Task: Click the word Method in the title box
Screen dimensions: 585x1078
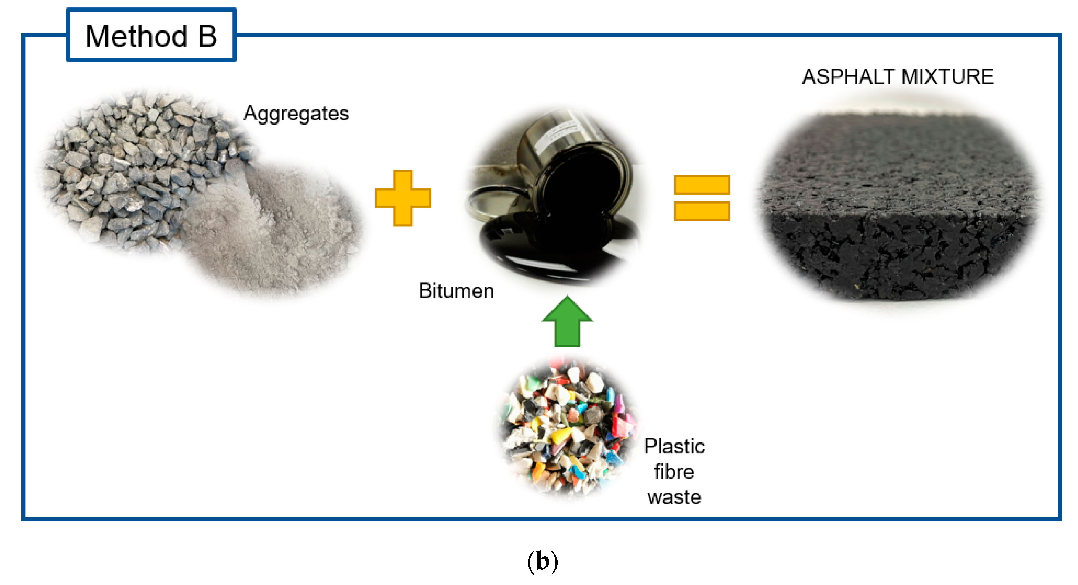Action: [136, 36]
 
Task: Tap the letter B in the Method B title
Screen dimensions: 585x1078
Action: [208, 36]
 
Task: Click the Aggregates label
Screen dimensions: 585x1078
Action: [296, 113]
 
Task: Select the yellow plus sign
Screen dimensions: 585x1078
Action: [403, 198]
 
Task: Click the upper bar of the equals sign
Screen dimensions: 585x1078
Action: [702, 184]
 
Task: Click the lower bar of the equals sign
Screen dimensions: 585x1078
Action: [702, 211]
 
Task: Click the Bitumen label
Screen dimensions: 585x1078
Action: [456, 291]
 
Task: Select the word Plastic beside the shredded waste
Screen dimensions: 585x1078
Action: [674, 446]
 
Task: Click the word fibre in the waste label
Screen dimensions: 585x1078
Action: [674, 472]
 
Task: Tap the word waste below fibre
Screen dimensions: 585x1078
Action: [674, 497]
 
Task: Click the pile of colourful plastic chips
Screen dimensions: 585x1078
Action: [567, 427]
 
